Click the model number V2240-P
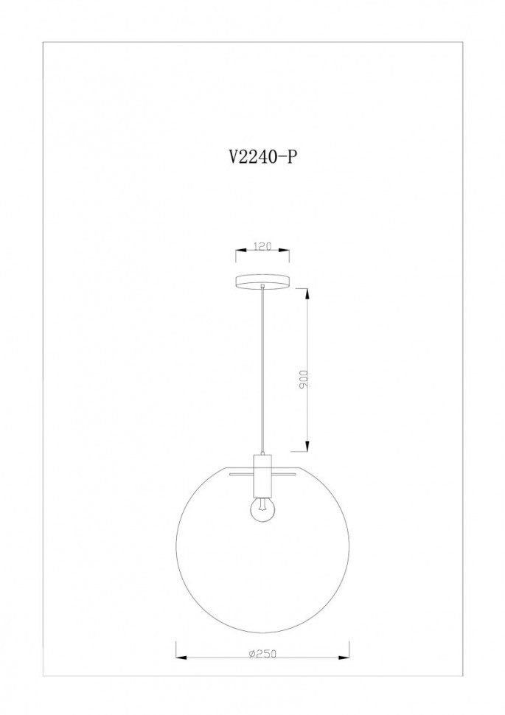(x=262, y=157)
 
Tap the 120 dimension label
(x=262, y=247)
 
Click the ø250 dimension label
(x=262, y=653)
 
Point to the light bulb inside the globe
(x=262, y=510)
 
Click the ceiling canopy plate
(x=262, y=282)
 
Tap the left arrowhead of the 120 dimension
(x=240, y=251)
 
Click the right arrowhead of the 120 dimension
(x=285, y=251)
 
